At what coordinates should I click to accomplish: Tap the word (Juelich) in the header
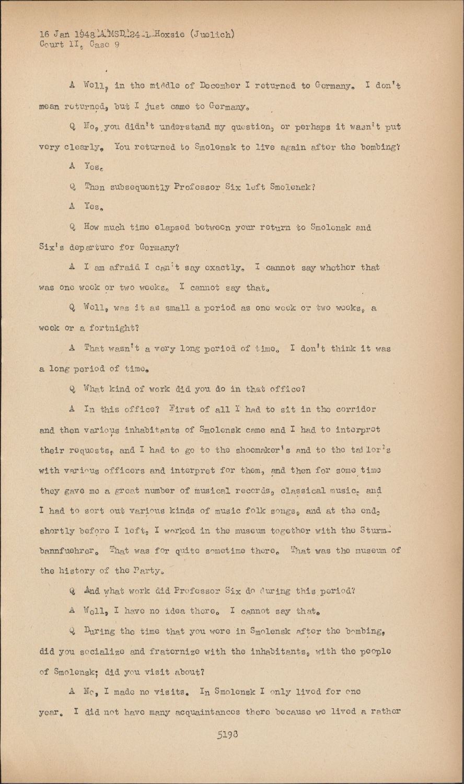click(x=212, y=35)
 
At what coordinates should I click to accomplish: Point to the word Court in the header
click(x=51, y=44)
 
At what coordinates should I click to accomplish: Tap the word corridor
click(x=353, y=409)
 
